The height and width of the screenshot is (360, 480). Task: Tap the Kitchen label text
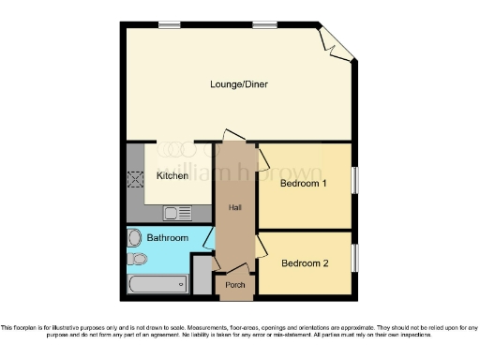pos(172,175)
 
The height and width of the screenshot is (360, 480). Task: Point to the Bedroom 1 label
pos(304,183)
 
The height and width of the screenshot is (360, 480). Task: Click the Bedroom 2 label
pos(305,263)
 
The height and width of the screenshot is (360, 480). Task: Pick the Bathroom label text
pos(168,238)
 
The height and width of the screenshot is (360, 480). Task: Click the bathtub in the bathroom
pos(157,284)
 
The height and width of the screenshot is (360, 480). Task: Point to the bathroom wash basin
pos(134,237)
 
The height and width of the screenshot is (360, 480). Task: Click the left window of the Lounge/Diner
pos(170,23)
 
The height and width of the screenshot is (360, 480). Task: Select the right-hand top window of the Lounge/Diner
pos(263,23)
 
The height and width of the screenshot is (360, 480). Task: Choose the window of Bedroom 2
pos(354,257)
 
